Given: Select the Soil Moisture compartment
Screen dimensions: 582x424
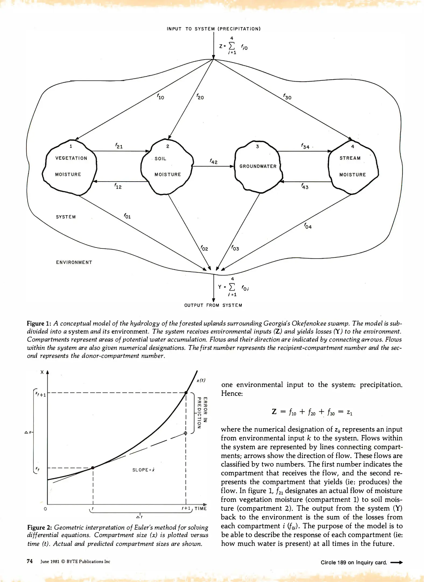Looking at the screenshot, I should [167, 167].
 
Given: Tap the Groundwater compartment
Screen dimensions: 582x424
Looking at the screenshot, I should [258, 167].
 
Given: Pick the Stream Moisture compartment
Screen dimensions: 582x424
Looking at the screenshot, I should [353, 167].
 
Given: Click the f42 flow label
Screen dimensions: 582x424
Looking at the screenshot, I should [213, 161].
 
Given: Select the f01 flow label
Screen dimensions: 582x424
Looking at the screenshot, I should [127, 216].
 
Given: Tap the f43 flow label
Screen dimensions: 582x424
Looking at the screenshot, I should [305, 186].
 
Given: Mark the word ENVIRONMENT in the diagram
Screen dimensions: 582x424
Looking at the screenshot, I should [74, 262].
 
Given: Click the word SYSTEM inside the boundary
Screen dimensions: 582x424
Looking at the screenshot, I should [66, 217].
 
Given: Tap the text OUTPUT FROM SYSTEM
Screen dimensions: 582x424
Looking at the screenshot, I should [213, 305].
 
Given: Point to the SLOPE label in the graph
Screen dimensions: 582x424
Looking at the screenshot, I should [143, 470].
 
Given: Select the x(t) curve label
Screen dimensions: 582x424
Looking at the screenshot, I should [201, 380].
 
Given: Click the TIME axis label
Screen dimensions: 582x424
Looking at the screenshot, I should [201, 508].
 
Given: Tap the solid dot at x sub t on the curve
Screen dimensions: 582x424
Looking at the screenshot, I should [93, 467].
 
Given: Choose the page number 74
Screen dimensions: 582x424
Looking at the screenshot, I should [30, 561].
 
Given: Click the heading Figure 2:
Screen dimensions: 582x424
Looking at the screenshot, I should [40, 527].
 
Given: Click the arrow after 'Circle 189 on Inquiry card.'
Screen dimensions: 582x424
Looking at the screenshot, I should [396, 562].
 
